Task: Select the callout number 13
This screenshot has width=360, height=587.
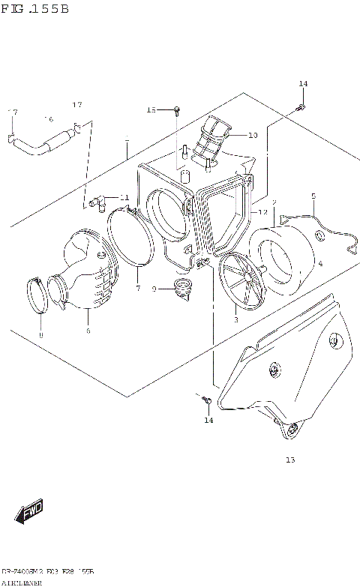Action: pyautogui.click(x=289, y=460)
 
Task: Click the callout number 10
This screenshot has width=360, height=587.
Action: pyautogui.click(x=252, y=136)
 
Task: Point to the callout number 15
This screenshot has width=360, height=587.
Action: pyautogui.click(x=151, y=110)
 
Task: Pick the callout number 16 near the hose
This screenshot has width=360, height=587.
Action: pyautogui.click(x=49, y=118)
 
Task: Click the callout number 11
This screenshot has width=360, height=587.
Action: pyautogui.click(x=124, y=198)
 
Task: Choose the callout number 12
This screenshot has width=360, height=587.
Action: pyautogui.click(x=262, y=213)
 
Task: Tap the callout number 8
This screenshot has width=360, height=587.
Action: pyautogui.click(x=41, y=334)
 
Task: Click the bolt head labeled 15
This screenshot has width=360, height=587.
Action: pyautogui.click(x=175, y=111)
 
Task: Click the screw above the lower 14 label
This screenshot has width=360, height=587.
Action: pyautogui.click(x=205, y=402)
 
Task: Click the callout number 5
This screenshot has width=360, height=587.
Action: pyautogui.click(x=313, y=196)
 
